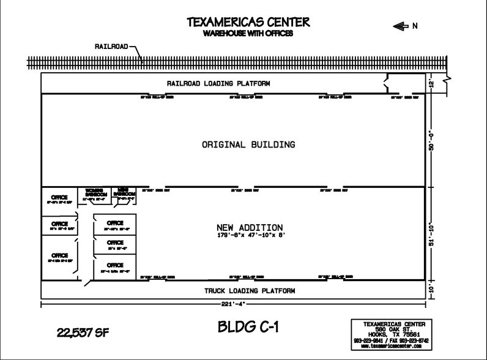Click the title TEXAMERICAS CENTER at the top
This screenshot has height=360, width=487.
click(248, 23)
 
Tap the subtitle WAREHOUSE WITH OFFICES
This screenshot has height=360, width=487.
click(248, 33)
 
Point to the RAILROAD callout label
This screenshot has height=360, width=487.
click(111, 47)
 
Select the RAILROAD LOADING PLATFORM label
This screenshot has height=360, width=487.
click(218, 83)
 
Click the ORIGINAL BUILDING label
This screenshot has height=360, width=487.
click(248, 145)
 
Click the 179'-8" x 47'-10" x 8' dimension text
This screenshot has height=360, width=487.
click(251, 235)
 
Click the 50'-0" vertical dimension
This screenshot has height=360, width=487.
click(433, 140)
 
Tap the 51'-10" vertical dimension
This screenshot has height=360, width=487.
click(433, 233)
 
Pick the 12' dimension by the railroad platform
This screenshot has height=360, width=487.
click(433, 83)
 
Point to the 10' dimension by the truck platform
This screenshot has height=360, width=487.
click(433, 289)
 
